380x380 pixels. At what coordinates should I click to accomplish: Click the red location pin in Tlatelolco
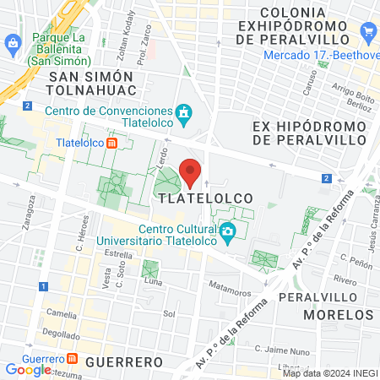191,171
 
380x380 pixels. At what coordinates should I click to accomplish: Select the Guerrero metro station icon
72,358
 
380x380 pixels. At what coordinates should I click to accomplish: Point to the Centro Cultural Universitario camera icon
226,231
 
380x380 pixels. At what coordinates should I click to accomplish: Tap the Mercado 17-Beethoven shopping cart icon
368,33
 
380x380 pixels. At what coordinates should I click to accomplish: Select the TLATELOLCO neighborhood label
203,197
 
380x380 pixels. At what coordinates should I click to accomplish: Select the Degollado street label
61,334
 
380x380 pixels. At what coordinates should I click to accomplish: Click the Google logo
27,369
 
